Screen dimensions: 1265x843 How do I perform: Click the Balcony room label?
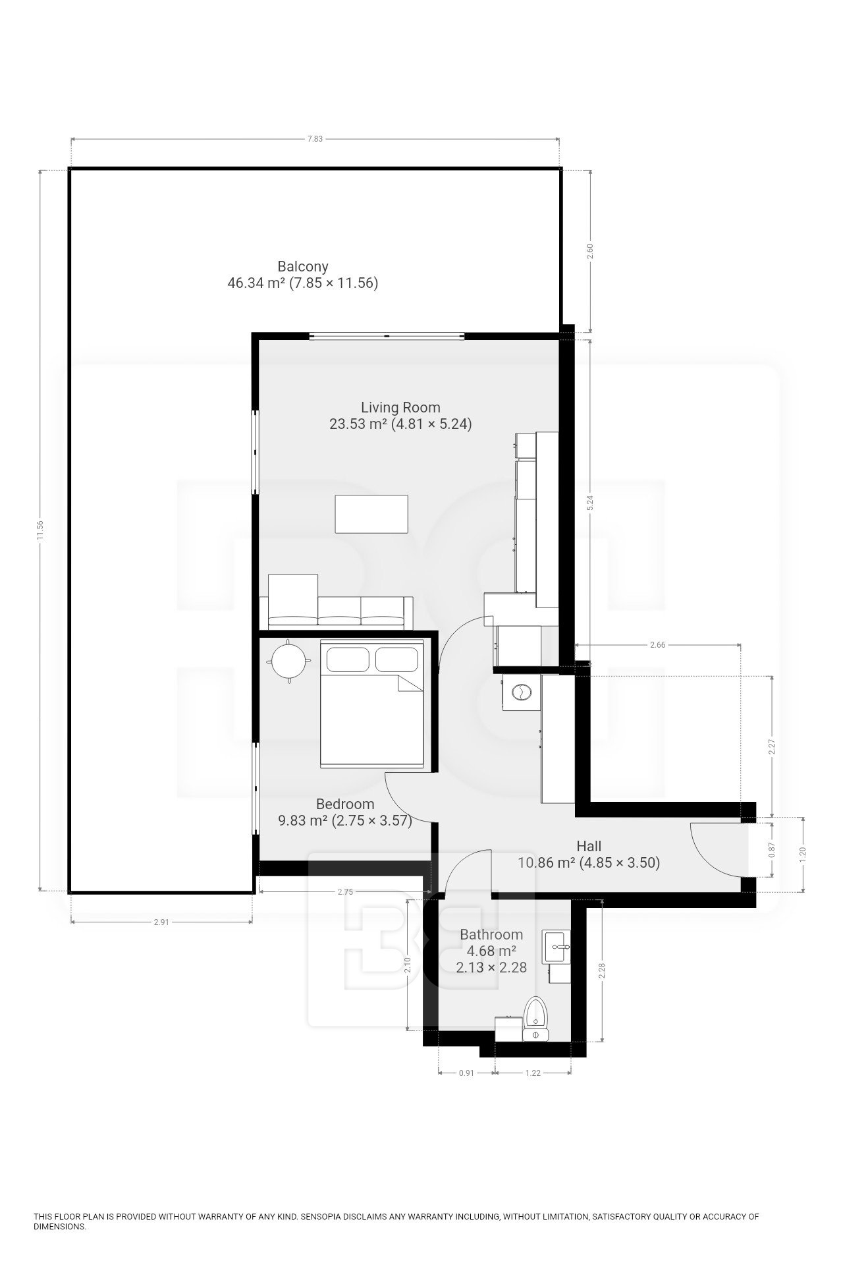303,267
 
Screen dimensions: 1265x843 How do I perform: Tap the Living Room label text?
400,407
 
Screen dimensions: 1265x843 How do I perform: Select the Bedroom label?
345,804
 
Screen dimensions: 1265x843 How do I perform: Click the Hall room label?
589,846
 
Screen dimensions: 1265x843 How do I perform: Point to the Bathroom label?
491,934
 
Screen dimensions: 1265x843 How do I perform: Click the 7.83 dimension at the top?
315,139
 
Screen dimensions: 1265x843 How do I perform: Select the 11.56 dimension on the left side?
40,530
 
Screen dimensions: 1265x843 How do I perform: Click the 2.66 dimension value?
657,645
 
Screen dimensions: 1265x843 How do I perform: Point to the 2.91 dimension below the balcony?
161,922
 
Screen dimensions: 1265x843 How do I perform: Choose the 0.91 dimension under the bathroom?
466,1073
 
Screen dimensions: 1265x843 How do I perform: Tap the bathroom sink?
557,947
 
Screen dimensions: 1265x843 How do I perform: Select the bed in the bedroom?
371,705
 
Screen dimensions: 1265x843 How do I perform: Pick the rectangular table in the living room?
371,514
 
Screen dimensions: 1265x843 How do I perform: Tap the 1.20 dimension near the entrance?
803,855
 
